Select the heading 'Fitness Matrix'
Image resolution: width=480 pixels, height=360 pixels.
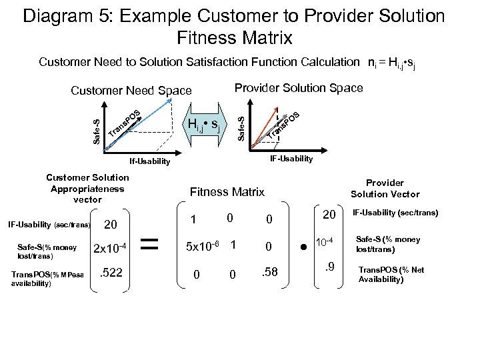[x=227, y=192]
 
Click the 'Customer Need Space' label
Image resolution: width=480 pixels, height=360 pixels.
[x=131, y=91]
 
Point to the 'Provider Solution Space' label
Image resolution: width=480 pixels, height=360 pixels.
[x=299, y=88]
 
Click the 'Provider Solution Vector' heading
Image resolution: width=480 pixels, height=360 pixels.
[x=385, y=188]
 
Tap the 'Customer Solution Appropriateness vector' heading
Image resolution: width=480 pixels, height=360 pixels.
[x=87, y=188]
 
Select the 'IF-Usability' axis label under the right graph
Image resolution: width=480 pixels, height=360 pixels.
[x=291, y=158]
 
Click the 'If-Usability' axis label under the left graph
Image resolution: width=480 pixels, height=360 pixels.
[x=149, y=161]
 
